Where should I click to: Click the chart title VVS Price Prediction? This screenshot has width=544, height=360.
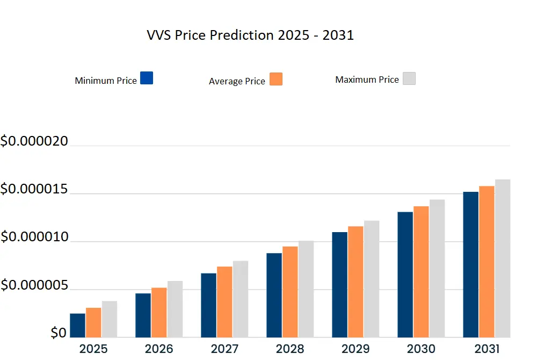point(250,35)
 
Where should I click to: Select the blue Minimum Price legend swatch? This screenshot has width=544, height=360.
point(146,78)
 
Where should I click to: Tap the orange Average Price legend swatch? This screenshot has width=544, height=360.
point(275,79)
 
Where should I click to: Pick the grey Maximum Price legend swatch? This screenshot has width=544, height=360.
point(409,78)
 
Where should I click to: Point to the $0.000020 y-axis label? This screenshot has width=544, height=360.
point(34,142)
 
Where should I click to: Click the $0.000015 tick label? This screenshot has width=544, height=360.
point(34,190)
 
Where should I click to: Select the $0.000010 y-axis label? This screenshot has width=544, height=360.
point(34,237)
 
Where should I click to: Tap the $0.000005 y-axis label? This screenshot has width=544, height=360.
point(34,286)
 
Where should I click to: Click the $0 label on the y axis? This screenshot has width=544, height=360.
point(59,333)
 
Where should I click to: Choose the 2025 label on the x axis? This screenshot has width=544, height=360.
point(93,349)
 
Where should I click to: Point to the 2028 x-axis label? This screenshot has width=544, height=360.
point(290,349)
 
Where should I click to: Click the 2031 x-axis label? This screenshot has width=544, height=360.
point(487,349)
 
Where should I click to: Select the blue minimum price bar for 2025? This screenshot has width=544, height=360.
point(77,325)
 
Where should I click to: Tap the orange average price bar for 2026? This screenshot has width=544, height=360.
point(159,312)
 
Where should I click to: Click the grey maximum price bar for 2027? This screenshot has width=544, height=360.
point(241,299)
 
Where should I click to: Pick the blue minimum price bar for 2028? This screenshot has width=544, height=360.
point(274,295)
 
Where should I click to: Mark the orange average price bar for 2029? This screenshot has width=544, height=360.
point(356,282)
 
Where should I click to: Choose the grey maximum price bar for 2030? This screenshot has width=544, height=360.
point(437,268)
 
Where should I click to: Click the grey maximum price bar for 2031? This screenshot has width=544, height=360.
point(503,258)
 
